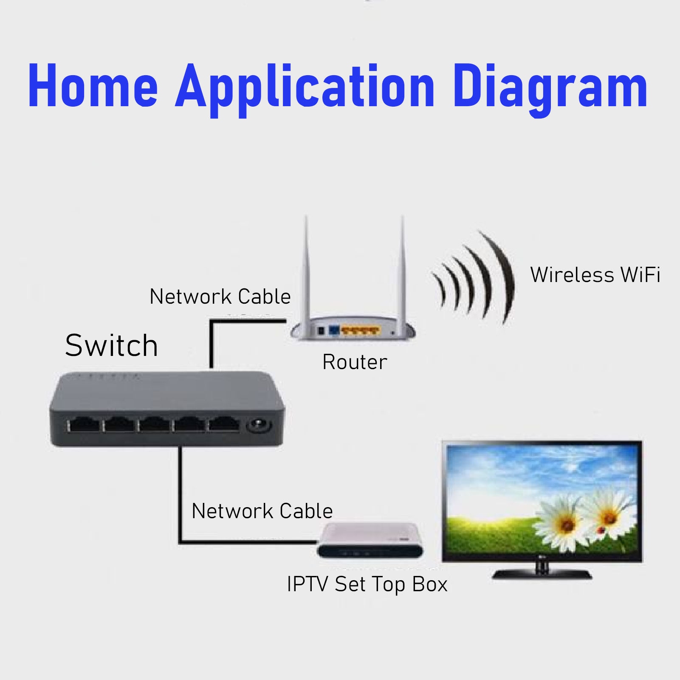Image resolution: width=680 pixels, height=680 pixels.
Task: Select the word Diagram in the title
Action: (550, 87)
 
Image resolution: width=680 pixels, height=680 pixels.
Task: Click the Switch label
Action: (111, 345)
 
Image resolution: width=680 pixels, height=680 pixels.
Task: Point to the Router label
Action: (355, 362)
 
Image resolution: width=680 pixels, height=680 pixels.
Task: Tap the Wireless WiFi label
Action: (595, 275)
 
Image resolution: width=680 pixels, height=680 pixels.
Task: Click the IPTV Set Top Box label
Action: (367, 584)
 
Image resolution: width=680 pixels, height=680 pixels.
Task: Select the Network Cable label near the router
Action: (220, 296)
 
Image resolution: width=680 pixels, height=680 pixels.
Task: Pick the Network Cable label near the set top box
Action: (262, 511)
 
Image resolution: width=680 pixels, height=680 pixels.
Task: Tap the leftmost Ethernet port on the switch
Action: (84, 425)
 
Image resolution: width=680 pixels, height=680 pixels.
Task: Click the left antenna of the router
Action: (306, 268)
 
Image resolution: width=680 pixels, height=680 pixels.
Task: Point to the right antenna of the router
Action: (402, 268)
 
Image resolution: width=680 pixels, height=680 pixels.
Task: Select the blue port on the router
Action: (334, 330)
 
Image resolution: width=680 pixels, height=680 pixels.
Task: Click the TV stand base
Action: (542, 574)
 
